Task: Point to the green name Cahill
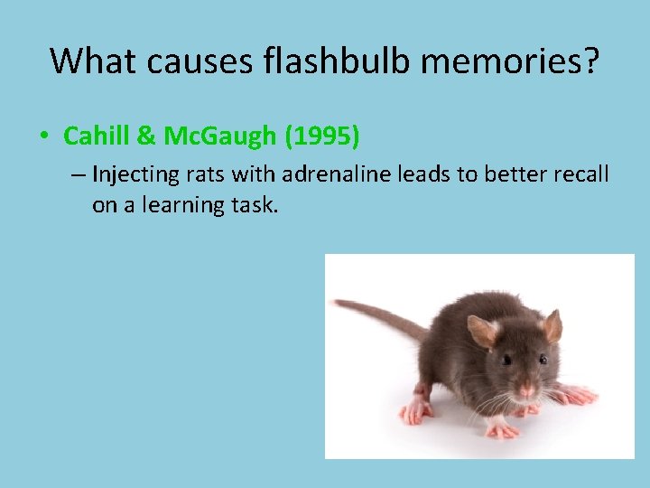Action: (x=97, y=136)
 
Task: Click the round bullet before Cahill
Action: (x=43, y=137)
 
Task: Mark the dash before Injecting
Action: (x=78, y=174)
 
